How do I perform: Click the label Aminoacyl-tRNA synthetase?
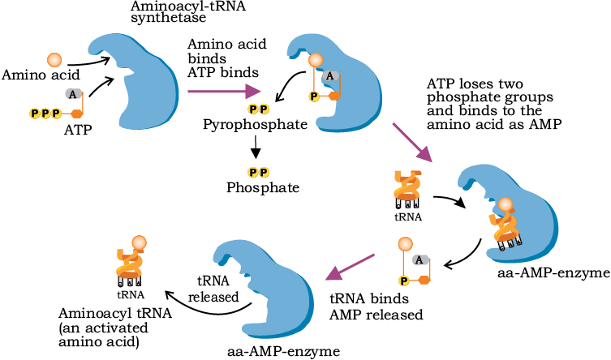pos(188,11)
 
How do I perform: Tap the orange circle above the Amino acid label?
pos(54,60)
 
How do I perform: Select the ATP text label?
pos(78,130)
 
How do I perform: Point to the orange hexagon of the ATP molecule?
pos(77,114)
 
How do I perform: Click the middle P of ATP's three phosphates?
pos(45,114)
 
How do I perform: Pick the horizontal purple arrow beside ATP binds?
pos(224,92)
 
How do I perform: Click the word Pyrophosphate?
pos(256,125)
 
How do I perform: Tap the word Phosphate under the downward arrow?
pos(263,187)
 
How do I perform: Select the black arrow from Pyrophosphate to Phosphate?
pos(256,147)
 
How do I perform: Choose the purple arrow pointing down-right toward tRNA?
pos(412,143)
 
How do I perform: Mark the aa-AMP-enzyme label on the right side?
pos(553,273)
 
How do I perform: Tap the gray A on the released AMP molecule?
pos(420,259)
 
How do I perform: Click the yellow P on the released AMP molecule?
pos(404,281)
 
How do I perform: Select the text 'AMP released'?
pos(376,315)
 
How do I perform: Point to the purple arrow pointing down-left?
pos(350,267)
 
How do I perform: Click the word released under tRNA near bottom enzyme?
pos(213,297)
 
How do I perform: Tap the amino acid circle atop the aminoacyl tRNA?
pos(139,243)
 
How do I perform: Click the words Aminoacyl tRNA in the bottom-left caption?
pos(115,313)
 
